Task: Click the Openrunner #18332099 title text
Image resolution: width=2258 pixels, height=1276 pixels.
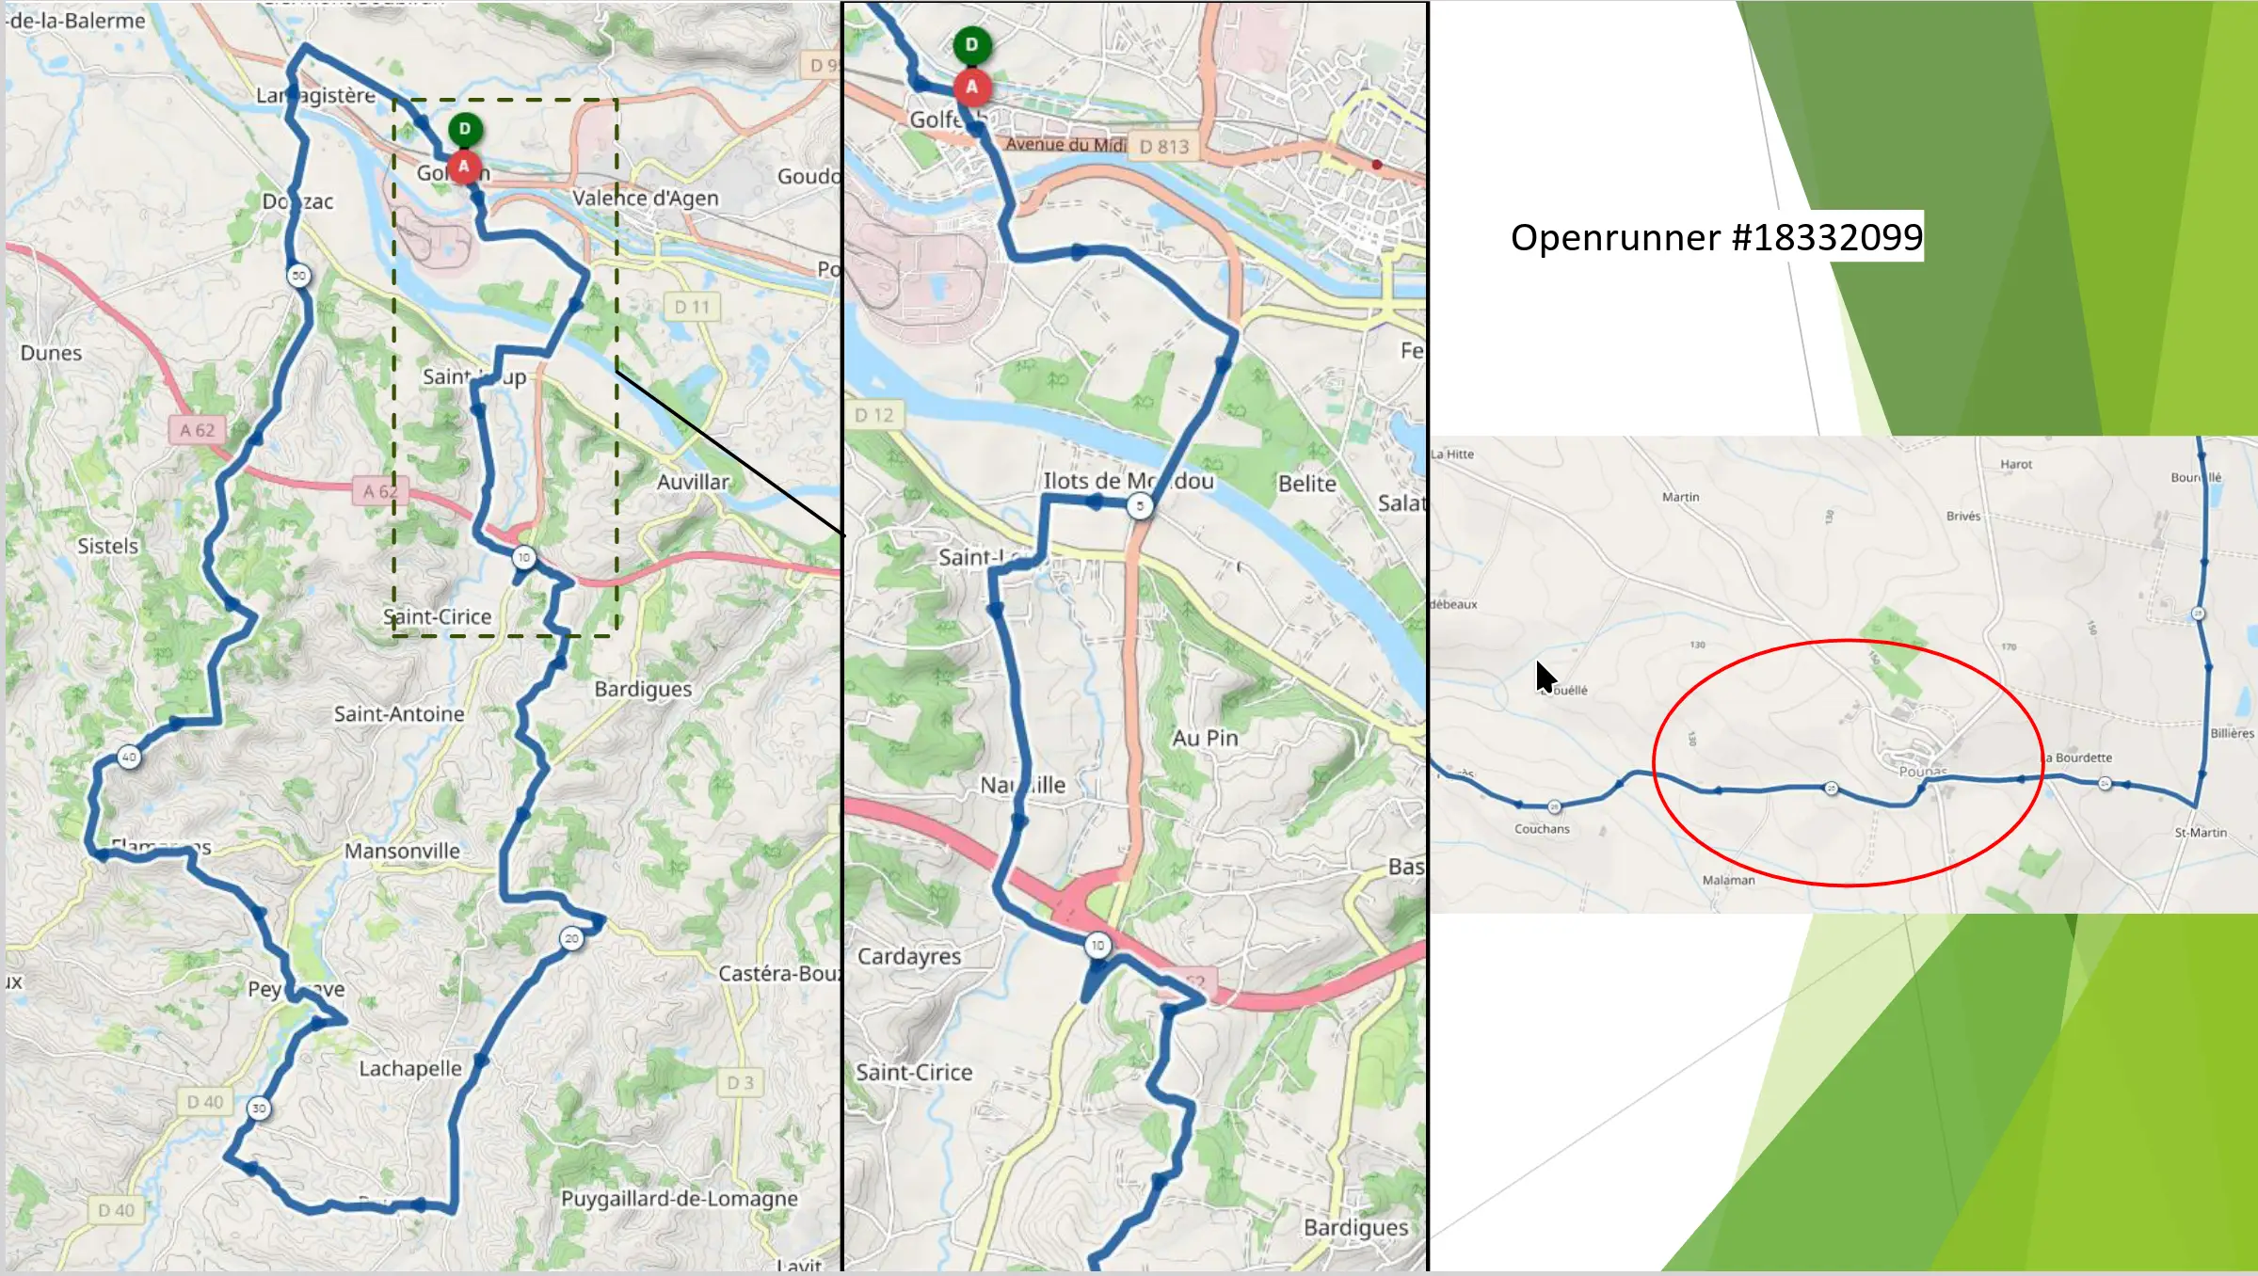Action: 1716,237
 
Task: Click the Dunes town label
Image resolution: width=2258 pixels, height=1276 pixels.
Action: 51,353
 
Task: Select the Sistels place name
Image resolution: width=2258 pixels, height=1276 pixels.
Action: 107,546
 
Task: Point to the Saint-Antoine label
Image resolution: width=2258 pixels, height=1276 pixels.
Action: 399,714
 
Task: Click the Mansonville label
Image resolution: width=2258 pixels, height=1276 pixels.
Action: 402,851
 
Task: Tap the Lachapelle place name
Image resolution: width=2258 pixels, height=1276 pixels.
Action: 410,1068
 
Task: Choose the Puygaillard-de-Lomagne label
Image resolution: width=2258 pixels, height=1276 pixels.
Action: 679,1198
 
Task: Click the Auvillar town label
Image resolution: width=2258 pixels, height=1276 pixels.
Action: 693,482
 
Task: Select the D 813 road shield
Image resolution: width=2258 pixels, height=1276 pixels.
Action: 1164,147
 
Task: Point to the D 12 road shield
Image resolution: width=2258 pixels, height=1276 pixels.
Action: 873,415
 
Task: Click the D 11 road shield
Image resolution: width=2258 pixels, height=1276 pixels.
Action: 692,307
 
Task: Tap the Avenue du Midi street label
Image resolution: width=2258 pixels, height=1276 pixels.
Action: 1065,144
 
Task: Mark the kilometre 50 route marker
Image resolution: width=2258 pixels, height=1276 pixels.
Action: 299,276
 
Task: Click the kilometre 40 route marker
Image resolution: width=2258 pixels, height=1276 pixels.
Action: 129,757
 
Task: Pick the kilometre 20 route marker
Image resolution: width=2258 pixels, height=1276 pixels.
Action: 571,938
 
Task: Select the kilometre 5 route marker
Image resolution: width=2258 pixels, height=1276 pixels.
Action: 1140,505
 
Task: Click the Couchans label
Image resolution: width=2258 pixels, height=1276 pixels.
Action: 1542,829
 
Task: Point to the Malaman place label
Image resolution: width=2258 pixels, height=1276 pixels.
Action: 1728,880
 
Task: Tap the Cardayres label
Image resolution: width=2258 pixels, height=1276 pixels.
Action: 909,956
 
